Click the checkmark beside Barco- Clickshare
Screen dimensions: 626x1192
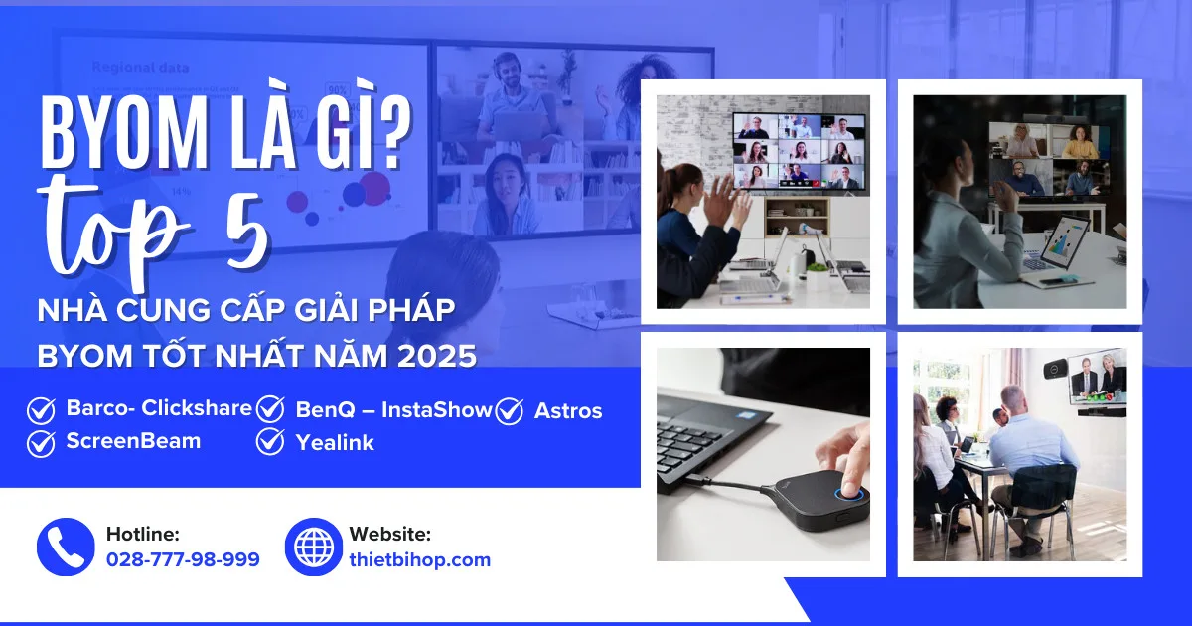click(41, 410)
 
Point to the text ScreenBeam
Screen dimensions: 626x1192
click(133, 441)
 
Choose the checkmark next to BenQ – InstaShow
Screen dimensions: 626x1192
click(270, 410)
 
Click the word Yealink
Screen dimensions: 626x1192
click(335, 443)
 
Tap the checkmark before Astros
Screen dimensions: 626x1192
click(509, 411)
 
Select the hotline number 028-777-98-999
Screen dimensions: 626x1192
click(183, 559)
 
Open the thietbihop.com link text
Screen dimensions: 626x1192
click(419, 559)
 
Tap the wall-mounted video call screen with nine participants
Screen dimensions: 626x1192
click(798, 150)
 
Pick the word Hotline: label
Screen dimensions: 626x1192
click(142, 534)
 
